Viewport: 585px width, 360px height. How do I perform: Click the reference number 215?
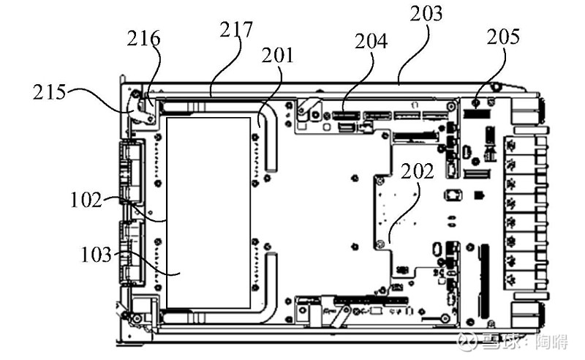click(x=49, y=92)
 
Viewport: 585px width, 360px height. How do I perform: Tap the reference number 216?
click(x=143, y=39)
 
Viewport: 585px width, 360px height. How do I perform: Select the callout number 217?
click(x=235, y=29)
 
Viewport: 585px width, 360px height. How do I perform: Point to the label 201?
click(x=278, y=56)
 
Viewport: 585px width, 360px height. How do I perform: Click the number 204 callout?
click(x=371, y=41)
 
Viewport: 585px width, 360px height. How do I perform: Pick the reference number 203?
click(x=426, y=14)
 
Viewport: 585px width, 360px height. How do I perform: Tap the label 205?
click(x=503, y=37)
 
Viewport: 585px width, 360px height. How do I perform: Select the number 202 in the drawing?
click(x=417, y=171)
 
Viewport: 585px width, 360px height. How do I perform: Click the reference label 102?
click(x=86, y=200)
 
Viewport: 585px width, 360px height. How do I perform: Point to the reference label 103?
click(x=97, y=255)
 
